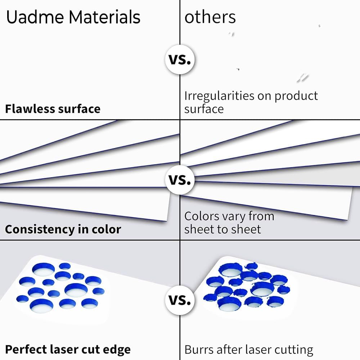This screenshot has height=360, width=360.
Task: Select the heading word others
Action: tap(210, 17)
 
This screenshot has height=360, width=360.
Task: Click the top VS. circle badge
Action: tap(180, 59)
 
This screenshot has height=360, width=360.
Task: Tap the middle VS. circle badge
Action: tap(180, 179)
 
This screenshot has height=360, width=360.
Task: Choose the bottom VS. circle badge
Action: tap(180, 300)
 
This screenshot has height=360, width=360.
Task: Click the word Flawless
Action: tap(29, 108)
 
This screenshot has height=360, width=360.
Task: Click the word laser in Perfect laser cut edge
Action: tap(67, 349)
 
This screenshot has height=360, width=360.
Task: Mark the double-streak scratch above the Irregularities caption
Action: tap(303, 77)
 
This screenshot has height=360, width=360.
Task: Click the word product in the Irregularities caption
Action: tap(296, 96)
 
